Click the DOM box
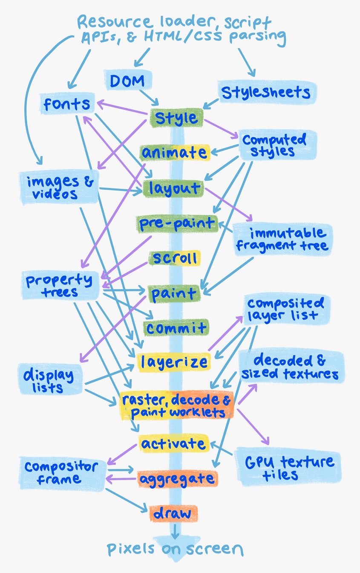click(128, 80)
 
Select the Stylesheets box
click(267, 92)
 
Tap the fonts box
click(67, 104)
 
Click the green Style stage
click(176, 118)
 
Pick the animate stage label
click(175, 153)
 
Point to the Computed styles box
click(277, 145)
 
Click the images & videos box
click(59, 188)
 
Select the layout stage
click(173, 188)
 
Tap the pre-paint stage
click(177, 224)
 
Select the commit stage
click(176, 328)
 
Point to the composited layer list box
click(287, 310)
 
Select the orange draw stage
click(173, 513)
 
